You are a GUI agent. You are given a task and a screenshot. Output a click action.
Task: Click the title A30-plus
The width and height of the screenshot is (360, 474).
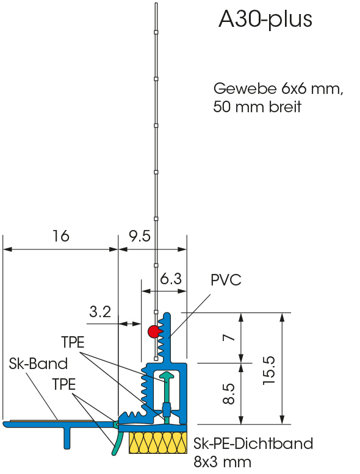click(x=265, y=20)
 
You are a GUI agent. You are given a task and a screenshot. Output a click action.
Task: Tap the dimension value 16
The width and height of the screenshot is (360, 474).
click(x=61, y=236)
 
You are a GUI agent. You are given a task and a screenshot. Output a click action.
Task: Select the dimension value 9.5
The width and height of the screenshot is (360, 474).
click(x=140, y=236)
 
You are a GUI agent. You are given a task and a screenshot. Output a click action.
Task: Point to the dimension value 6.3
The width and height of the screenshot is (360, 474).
click(x=171, y=278)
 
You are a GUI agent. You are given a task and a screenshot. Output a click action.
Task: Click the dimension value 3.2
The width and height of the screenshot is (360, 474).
click(x=100, y=312)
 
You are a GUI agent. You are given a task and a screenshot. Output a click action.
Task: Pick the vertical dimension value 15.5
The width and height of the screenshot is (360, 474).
click(x=268, y=370)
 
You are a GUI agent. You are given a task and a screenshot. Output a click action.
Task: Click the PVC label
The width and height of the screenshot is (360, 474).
click(x=226, y=280)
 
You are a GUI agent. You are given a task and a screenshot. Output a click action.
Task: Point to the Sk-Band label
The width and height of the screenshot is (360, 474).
click(x=38, y=364)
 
